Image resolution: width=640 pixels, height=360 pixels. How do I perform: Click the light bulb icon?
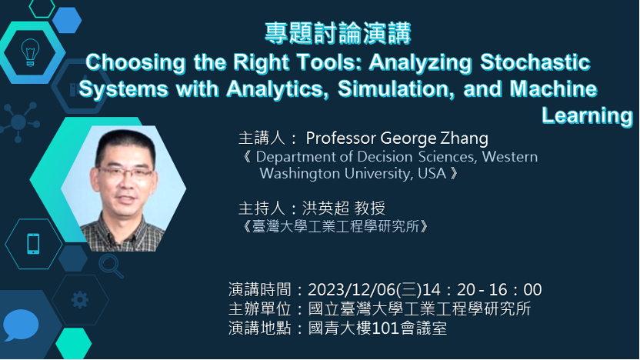(30, 52)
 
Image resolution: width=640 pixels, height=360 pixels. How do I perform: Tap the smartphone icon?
(33, 244)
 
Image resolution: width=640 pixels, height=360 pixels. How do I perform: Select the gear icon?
(79, 300)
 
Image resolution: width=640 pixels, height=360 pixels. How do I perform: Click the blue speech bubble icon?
(21, 325)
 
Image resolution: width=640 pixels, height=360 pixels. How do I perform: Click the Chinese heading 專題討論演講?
(338, 34)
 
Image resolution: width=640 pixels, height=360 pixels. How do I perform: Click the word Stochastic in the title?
(535, 62)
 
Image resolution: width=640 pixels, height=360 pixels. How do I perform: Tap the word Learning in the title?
(587, 115)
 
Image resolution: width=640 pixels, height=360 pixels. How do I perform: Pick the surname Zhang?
(464, 138)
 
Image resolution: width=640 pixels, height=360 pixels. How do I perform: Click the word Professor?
(341, 138)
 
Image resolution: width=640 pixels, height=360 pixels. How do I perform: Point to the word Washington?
(300, 174)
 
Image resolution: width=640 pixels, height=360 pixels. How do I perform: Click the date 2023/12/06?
(352, 290)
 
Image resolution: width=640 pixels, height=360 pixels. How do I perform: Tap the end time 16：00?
(515, 290)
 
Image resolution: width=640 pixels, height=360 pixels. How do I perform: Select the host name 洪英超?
(325, 208)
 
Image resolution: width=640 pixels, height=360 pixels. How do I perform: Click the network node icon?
(18, 122)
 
